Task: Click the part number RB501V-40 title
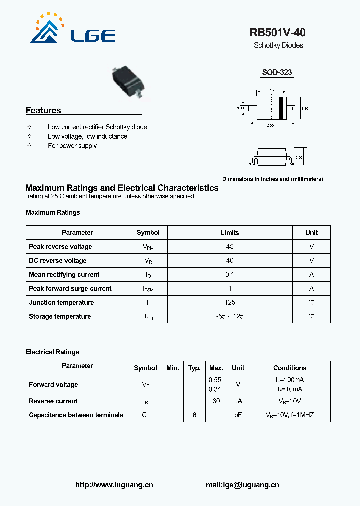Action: (x=277, y=33)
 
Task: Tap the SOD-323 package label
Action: (x=277, y=72)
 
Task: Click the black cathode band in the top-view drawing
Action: (x=281, y=108)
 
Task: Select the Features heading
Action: (x=43, y=110)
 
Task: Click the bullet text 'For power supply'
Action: (x=72, y=146)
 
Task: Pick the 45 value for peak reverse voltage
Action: (x=230, y=246)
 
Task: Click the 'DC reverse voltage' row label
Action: (x=58, y=260)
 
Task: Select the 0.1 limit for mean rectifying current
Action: (x=230, y=274)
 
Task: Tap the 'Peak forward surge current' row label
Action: (x=70, y=288)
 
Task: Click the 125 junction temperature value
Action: (x=230, y=302)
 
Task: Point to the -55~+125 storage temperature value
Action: (x=230, y=316)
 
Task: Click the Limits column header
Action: (x=230, y=232)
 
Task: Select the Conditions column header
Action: (x=290, y=368)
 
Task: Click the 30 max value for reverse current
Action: (x=216, y=401)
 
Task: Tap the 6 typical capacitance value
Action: (x=194, y=415)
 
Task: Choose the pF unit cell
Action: (x=238, y=415)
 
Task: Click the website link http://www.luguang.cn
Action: (x=114, y=484)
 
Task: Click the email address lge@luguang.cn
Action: (x=242, y=484)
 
